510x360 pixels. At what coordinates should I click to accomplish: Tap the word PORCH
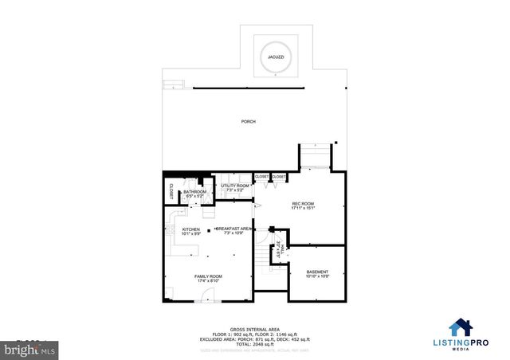tap(249, 121)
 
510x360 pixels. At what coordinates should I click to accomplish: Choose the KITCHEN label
tap(179, 229)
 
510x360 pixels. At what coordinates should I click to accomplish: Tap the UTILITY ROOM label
tap(234, 186)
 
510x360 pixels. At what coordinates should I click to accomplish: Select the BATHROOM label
tap(195, 191)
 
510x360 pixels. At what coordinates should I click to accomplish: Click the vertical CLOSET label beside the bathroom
tap(171, 191)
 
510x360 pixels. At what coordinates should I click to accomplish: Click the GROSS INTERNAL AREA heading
tap(255, 328)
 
